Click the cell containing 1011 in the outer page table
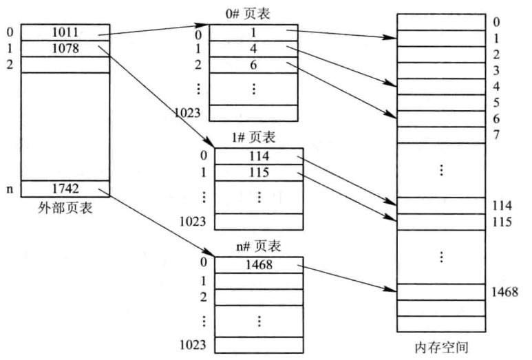[x=65, y=32]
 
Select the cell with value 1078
[x=65, y=48]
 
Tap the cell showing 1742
[x=65, y=187]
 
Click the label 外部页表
[x=65, y=208]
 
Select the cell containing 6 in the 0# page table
[x=254, y=65]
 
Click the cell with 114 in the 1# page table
[x=259, y=156]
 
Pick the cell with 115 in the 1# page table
[x=259, y=172]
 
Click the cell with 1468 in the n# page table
[x=259, y=265]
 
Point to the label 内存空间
[x=440, y=348]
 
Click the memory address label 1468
[x=504, y=292]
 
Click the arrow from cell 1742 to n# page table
[x=162, y=223]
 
